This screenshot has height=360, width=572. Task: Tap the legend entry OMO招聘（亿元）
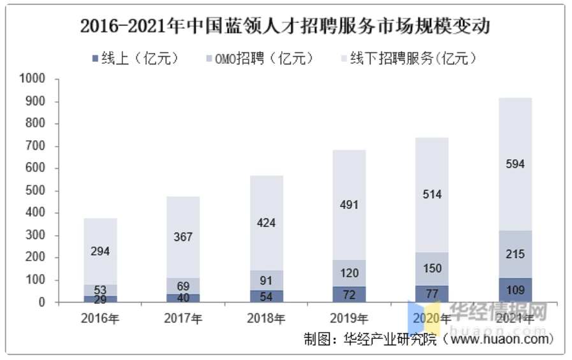click(261, 59)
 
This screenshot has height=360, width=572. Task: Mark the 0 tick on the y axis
click(41, 303)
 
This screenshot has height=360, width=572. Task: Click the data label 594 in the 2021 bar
click(515, 164)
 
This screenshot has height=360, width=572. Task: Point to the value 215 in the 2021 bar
click(515, 254)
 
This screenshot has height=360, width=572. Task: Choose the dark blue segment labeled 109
click(515, 291)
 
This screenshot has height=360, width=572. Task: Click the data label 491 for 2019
click(349, 205)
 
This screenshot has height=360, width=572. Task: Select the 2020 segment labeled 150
click(432, 269)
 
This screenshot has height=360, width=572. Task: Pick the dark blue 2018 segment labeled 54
click(266, 297)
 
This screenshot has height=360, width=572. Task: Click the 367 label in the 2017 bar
click(183, 237)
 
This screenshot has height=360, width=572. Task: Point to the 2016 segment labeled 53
click(100, 290)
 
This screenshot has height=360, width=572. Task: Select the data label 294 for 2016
click(100, 252)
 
